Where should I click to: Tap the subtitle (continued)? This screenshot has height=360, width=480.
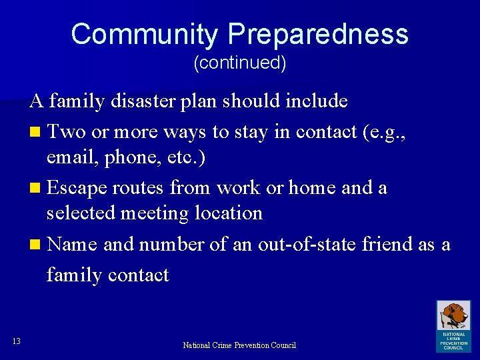point(239,63)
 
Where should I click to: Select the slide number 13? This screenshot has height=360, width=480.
point(17,341)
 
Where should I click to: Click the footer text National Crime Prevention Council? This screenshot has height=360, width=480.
point(239,345)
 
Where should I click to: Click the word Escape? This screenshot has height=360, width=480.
point(77,189)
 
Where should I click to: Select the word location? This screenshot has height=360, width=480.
point(229,213)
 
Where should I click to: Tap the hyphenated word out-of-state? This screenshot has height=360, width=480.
point(303,245)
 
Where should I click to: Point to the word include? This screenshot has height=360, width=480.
point(316,101)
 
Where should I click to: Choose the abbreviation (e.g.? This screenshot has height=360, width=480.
point(383,133)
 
